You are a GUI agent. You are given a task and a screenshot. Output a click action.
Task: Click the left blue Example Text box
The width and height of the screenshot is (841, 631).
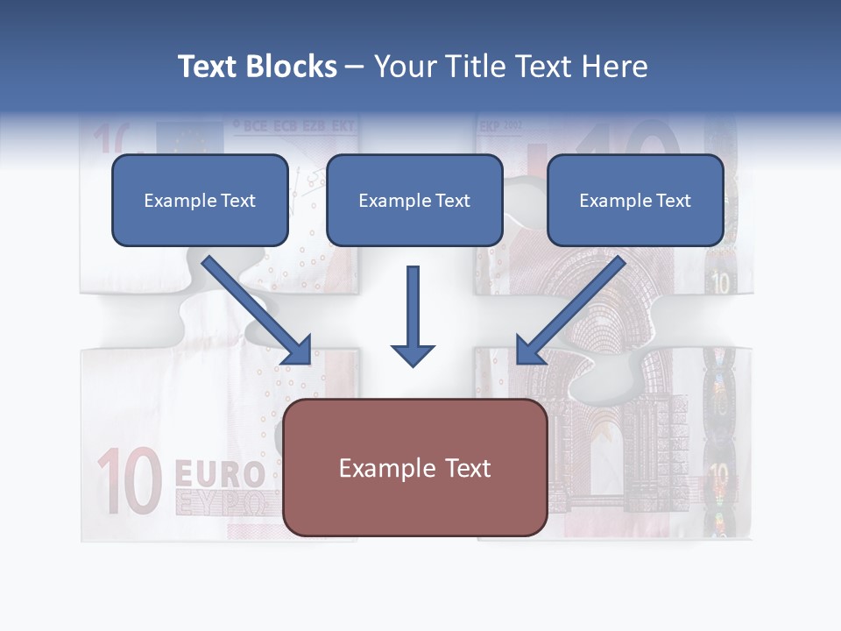pos(200,200)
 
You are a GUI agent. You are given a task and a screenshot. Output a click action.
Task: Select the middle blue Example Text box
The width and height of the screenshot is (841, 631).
pos(414,200)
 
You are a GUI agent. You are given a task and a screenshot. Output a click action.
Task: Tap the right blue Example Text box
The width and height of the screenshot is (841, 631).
pos(635,200)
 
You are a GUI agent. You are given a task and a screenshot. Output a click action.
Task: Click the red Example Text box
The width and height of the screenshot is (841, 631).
pos(415,467)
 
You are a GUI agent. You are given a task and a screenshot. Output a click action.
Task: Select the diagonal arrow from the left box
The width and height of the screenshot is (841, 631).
pos(258,311)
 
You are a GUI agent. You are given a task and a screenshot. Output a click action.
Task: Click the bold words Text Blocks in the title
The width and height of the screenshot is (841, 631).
pos(257,67)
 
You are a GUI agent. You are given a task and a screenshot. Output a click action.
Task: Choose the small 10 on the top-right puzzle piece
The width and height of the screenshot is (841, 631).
pos(721,282)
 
